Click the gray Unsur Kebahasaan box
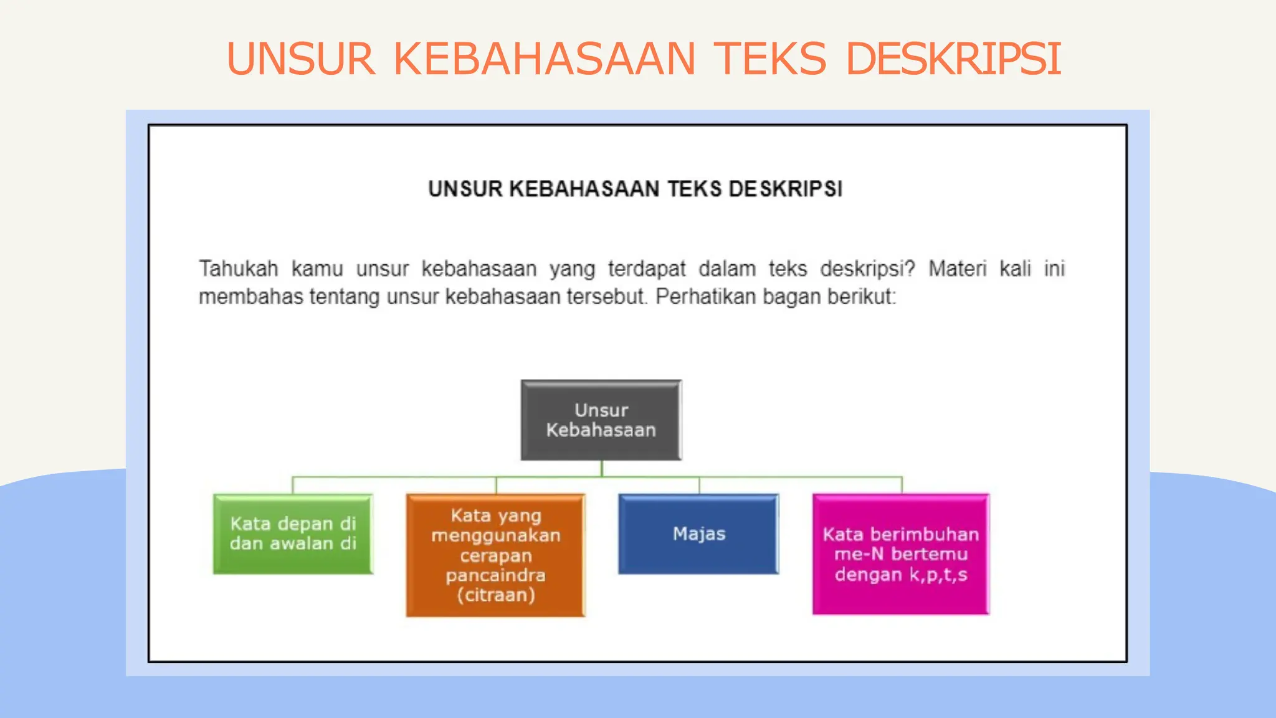pos(601,420)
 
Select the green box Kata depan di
pos(293,534)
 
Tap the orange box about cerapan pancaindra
pos(496,555)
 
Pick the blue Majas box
pos(698,534)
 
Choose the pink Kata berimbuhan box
pos(901,554)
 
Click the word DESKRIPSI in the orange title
pos(953,59)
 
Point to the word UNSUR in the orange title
pos(301,59)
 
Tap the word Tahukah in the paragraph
pos(239,269)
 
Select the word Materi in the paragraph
pos(957,269)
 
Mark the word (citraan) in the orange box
pos(496,595)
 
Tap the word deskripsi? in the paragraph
pos(867,269)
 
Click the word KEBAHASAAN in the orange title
pos(544,59)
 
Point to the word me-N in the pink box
pos(859,554)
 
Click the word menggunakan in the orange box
pos(496,535)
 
